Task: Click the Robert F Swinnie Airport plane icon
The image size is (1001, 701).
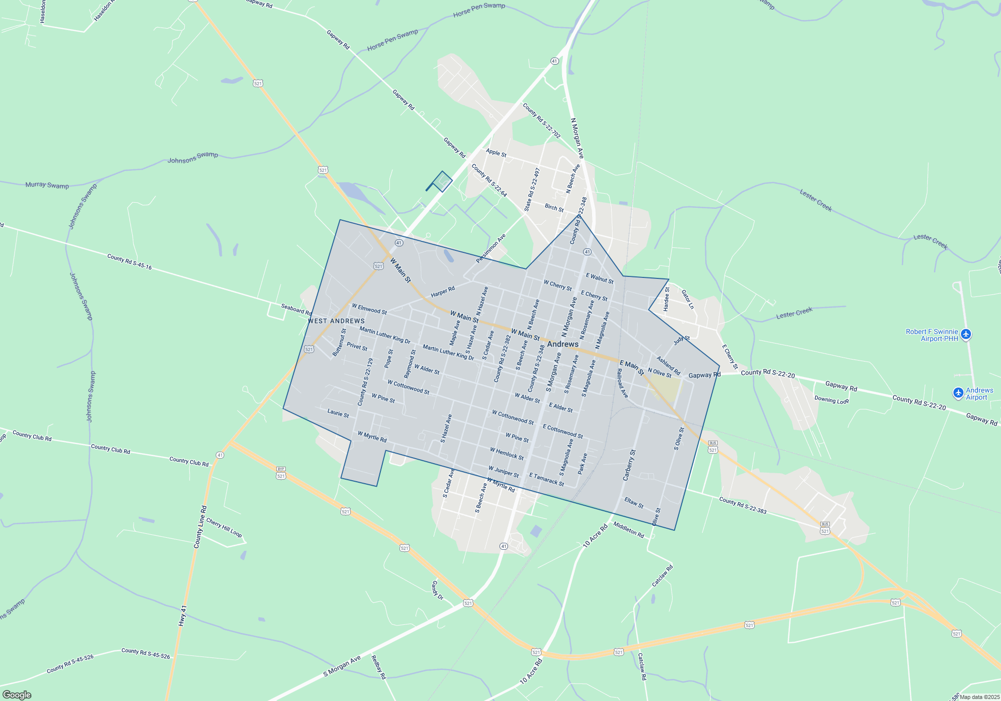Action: (x=966, y=334)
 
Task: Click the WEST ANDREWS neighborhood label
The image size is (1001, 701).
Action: (x=336, y=321)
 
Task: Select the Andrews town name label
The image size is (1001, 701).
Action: (x=563, y=344)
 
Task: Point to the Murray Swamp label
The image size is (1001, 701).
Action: (x=47, y=185)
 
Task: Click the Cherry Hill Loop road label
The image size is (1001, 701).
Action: (x=224, y=528)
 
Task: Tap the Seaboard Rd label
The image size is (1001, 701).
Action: (x=296, y=309)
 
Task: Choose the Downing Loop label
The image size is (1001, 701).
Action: (x=831, y=400)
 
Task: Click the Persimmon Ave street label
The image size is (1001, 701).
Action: (x=490, y=248)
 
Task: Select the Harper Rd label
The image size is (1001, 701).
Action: (x=443, y=291)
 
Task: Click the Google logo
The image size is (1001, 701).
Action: (x=17, y=694)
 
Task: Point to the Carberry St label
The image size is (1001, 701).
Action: (x=629, y=465)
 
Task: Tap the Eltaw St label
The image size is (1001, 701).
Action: (x=634, y=503)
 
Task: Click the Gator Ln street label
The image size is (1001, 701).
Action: (x=688, y=299)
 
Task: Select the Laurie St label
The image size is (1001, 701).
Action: (x=338, y=413)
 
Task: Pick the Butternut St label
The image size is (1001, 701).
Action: (x=339, y=342)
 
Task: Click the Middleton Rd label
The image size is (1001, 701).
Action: (x=629, y=529)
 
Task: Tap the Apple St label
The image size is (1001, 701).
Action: (x=496, y=152)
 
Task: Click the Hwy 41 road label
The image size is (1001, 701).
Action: (x=183, y=615)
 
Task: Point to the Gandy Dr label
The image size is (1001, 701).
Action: (x=437, y=590)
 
